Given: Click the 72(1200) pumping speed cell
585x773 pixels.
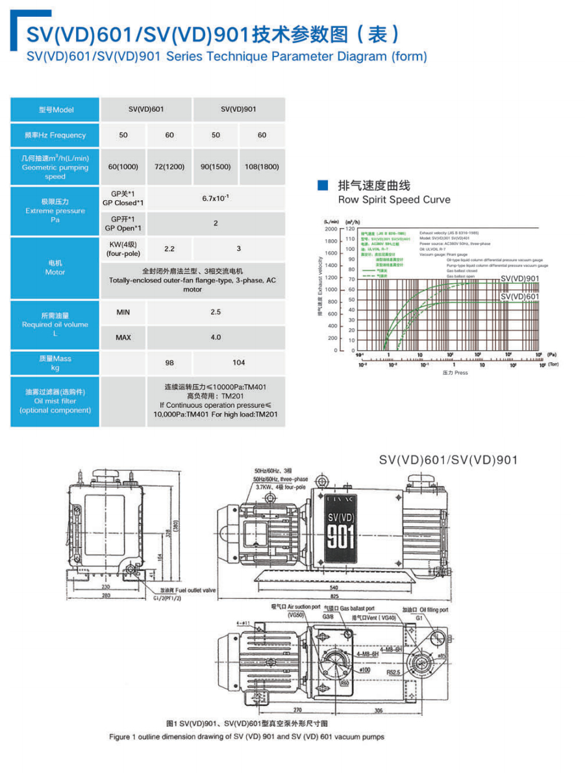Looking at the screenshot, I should [x=169, y=167].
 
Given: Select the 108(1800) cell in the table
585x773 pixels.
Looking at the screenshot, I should [x=262, y=167].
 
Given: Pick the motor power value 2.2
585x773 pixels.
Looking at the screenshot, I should [x=169, y=249].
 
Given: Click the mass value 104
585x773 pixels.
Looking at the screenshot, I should [x=239, y=362].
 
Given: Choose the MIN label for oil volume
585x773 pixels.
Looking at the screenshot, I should [x=123, y=312].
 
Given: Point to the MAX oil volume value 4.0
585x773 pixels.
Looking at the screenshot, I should [x=216, y=337].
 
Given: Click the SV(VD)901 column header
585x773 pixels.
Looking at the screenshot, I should [x=238, y=109].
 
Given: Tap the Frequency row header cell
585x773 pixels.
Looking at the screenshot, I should [x=55, y=135].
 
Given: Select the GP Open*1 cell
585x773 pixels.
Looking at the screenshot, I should [x=123, y=223].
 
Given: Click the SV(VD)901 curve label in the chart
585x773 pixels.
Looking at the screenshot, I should [x=520, y=279].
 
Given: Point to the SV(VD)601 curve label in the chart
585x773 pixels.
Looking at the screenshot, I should [x=520, y=296].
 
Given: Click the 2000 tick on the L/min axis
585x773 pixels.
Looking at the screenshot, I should [x=331, y=229].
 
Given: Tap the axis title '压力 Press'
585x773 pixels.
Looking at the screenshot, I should [x=455, y=373].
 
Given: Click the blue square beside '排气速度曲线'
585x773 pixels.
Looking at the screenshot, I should [x=321, y=185].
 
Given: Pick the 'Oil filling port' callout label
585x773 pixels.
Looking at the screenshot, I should [x=433, y=610].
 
